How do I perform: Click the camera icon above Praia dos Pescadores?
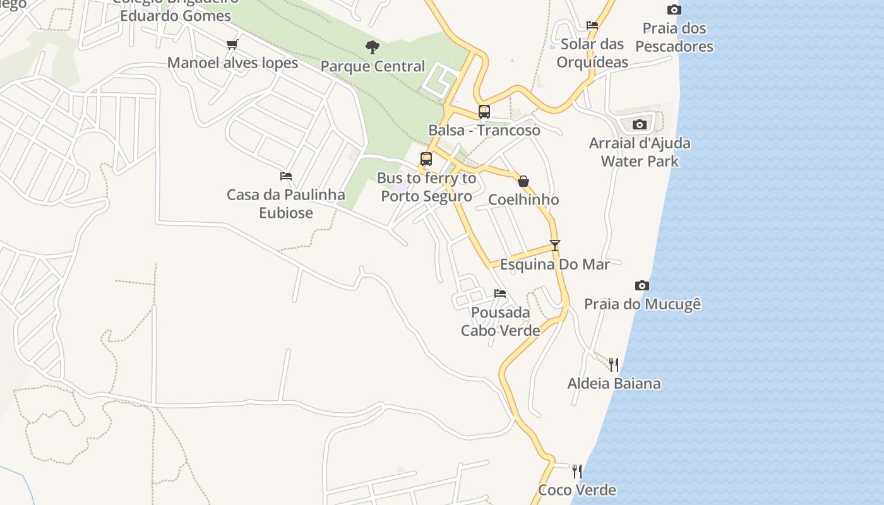tap(674, 9)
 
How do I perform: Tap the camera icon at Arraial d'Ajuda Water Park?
tap(639, 124)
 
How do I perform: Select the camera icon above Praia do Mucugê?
tap(642, 285)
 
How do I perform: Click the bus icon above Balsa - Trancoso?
tap(484, 112)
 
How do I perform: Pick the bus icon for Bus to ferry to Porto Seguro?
tap(426, 159)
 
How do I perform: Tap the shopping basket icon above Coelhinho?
tap(523, 181)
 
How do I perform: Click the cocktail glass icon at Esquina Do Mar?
tap(555, 245)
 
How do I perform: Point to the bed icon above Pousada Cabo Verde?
tap(500, 293)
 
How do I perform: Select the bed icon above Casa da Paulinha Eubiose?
tap(286, 176)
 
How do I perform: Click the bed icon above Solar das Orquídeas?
tap(592, 25)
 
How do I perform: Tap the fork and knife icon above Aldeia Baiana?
tap(614, 364)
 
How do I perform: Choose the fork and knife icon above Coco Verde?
tap(577, 471)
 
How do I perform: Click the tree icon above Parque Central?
tap(373, 47)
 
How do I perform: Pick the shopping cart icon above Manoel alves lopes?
tap(232, 44)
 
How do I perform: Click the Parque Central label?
tap(373, 66)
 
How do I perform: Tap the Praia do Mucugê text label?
tap(642, 304)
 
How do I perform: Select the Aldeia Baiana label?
tap(614, 383)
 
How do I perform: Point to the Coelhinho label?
tap(523, 200)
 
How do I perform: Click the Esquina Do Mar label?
tap(555, 264)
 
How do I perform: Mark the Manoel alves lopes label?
tap(232, 63)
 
